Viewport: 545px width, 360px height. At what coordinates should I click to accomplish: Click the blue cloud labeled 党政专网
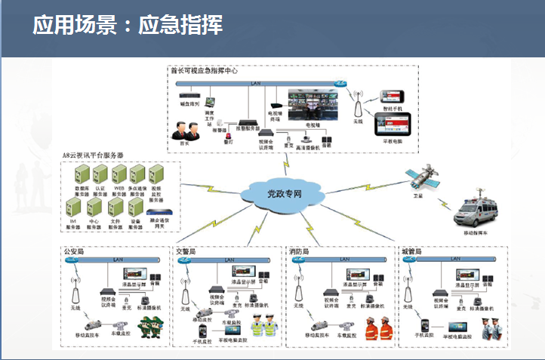285,194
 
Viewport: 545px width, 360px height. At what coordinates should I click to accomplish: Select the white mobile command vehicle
479,214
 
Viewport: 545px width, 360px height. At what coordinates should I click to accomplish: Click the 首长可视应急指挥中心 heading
204,70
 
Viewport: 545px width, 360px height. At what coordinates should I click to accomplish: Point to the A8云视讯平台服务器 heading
94,156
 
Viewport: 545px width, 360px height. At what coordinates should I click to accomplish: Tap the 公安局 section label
73,251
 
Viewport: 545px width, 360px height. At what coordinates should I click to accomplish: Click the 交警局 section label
186,251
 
